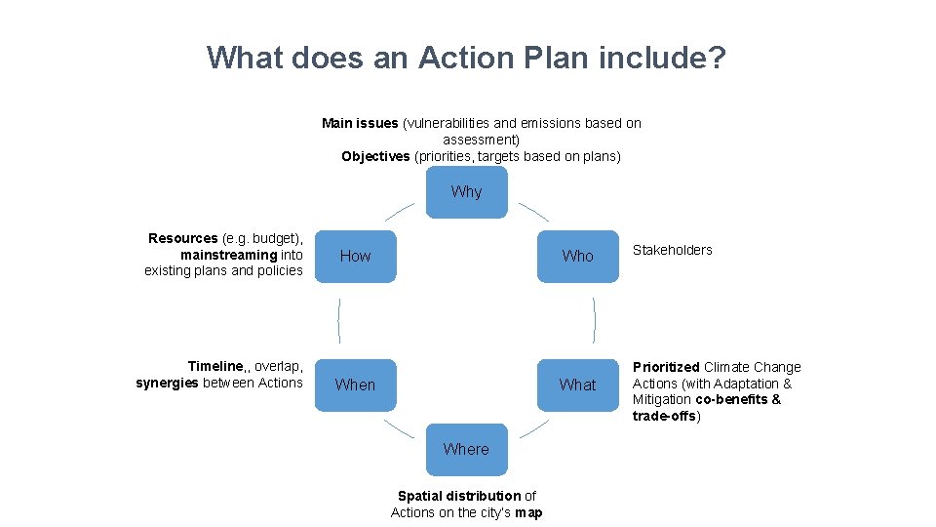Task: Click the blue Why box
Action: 467,191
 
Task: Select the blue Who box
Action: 577,256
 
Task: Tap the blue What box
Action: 577,385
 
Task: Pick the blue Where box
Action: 466,449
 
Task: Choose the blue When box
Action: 355,385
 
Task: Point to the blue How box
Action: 355,256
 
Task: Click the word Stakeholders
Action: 672,250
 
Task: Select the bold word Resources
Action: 182,238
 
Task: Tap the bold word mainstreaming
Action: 228,255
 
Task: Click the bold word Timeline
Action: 216,367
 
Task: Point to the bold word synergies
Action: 166,383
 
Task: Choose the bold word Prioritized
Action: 666,367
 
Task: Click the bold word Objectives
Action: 375,156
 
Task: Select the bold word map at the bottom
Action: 528,512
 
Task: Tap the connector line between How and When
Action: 338,320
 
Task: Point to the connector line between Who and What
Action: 595,320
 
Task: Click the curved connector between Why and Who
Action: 533,211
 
